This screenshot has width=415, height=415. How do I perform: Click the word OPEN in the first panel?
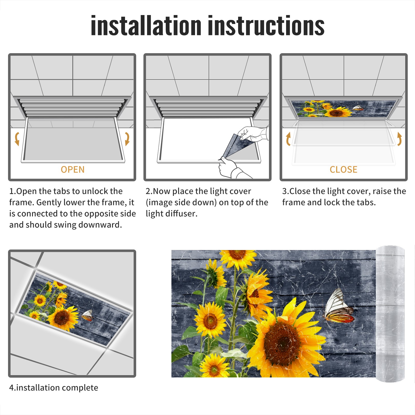click(73, 170)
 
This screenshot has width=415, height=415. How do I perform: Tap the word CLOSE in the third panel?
click(343, 170)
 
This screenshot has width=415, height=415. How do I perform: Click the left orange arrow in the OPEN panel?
click(17, 139)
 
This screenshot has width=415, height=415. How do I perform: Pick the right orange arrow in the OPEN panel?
click(127, 139)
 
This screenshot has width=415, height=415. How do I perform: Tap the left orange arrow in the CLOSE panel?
click(288, 139)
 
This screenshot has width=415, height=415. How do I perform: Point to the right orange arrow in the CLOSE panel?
click(399, 139)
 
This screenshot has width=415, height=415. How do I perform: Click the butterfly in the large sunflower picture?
click(339, 306)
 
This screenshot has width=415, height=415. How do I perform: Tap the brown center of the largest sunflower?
click(283, 342)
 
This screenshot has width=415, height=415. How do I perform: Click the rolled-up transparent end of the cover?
click(390, 314)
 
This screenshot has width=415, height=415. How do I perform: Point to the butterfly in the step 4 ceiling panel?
click(87, 315)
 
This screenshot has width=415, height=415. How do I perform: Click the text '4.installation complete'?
click(54, 388)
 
